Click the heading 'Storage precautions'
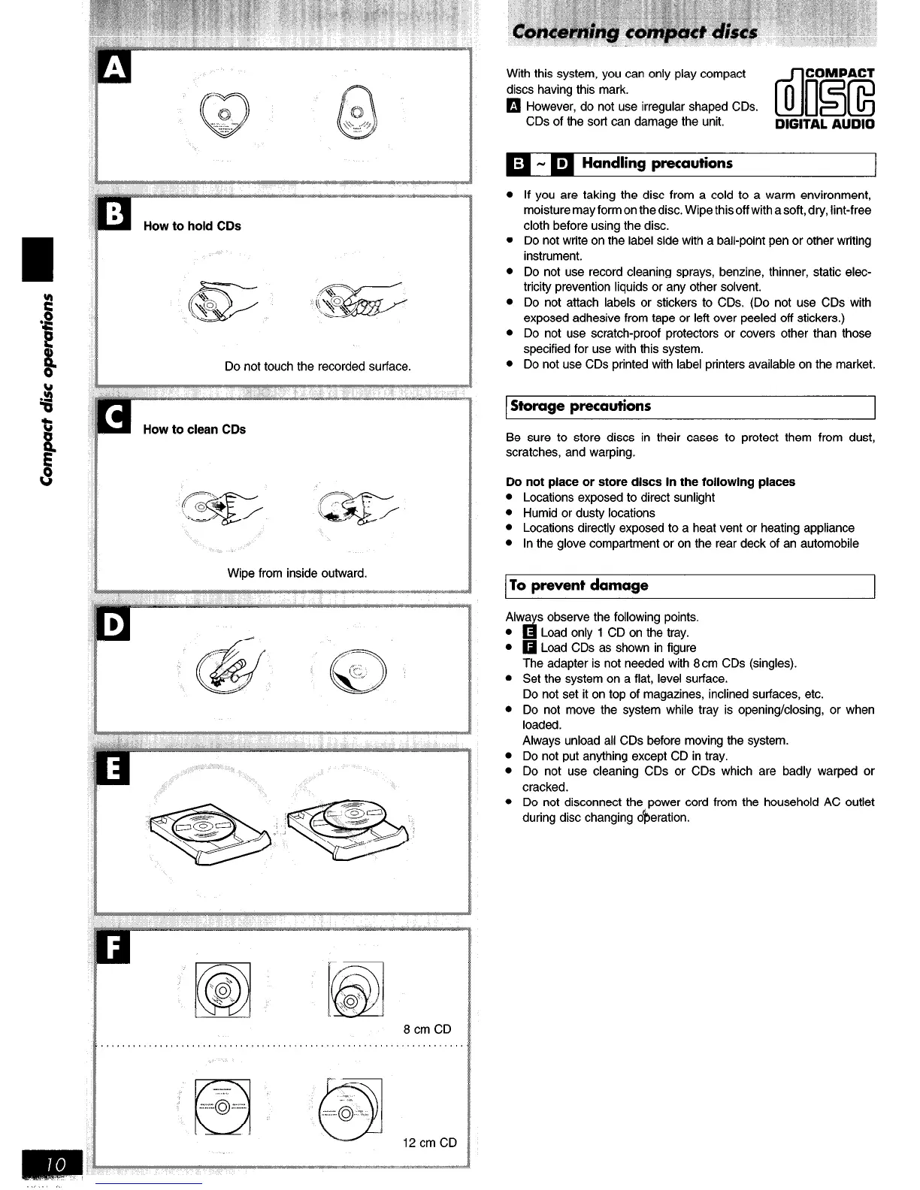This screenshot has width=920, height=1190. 580,406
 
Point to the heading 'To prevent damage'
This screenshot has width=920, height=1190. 579,585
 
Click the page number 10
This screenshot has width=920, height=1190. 57,1164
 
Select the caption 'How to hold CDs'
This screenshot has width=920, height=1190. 192,226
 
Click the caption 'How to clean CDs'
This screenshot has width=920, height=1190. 194,430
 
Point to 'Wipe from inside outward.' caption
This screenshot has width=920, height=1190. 297,573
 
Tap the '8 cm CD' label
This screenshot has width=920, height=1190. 427,1029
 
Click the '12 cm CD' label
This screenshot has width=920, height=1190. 430,1143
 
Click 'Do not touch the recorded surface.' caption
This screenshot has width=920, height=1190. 318,367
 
